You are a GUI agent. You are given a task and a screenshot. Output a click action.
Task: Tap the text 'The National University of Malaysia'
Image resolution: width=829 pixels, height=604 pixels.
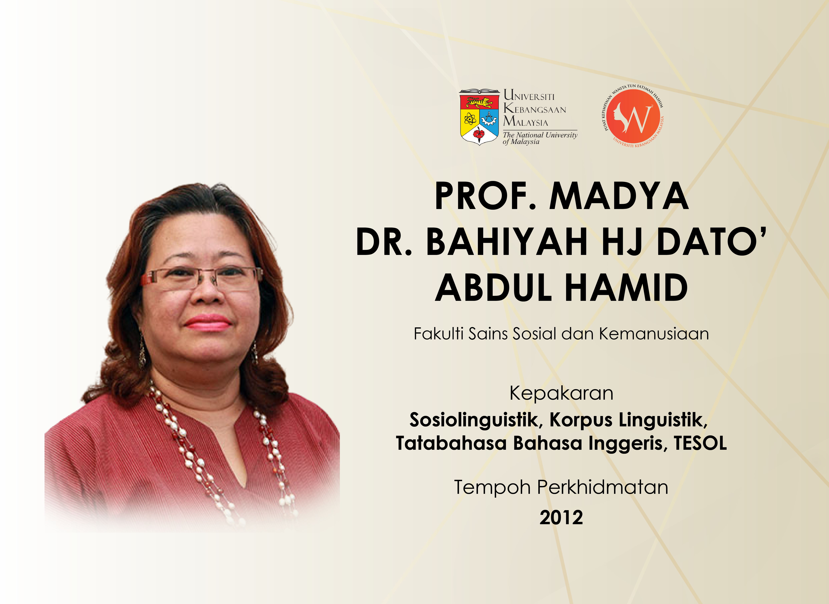pos(540,138)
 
